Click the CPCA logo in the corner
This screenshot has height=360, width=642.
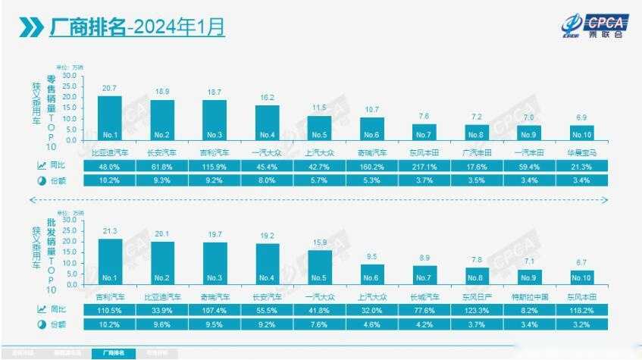coord(589,27)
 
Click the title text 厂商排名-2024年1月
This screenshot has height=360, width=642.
coord(137,27)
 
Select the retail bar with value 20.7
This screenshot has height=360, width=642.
coord(110,117)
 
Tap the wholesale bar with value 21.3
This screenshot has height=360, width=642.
coord(110,261)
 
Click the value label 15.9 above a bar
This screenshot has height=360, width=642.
coord(320,243)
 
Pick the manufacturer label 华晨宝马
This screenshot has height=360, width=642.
coord(581,152)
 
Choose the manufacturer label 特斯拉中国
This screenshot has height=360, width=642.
coord(529,296)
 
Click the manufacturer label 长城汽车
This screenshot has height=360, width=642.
coord(424,296)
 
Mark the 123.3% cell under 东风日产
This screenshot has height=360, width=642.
coord(477,309)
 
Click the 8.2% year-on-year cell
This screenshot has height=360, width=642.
coord(529,309)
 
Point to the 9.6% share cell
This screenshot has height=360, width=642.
coord(162,324)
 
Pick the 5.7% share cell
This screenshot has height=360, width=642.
coord(319,180)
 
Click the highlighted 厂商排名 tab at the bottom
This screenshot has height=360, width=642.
coord(114,353)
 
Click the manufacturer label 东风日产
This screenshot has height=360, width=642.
coord(477,296)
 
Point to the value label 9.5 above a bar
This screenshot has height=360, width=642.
coord(372,257)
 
